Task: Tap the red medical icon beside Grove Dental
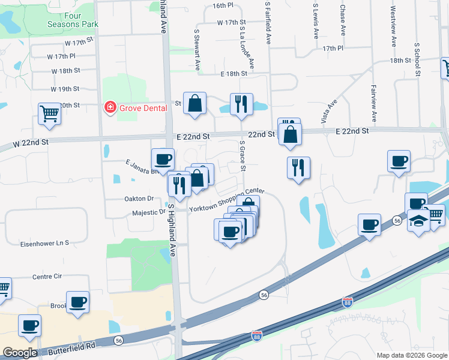tap(110, 108)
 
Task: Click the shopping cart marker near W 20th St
tap(49, 113)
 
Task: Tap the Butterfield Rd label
tap(73, 346)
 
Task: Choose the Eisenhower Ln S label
tap(45, 243)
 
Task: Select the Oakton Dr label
tap(139, 199)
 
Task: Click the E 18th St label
tap(234, 73)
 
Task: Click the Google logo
tap(20, 353)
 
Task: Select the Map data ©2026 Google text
tap(411, 355)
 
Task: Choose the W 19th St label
tap(65, 89)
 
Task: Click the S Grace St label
tap(243, 156)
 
